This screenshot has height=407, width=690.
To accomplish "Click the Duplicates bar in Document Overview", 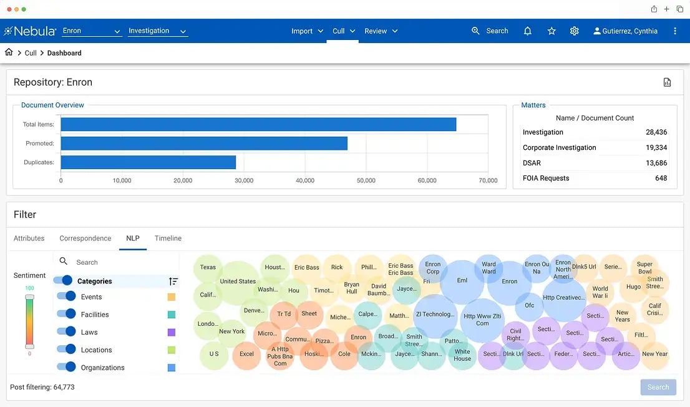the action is point(148,162).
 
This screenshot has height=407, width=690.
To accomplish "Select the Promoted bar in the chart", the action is point(204,143).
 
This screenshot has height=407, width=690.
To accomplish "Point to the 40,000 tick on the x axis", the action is point(305,180).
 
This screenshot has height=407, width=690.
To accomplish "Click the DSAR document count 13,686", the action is point(656,163).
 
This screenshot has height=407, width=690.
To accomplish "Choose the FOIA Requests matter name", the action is point(546,179).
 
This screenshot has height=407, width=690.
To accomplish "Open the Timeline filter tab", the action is point(168,238).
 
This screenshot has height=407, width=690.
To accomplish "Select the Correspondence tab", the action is point(85,238).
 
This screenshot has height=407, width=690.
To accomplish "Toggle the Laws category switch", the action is point(67,331).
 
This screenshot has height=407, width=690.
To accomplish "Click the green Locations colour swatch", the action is point(172,350).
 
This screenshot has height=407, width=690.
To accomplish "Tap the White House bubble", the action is point(462,355).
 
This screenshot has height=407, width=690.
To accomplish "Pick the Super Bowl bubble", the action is point(644,267).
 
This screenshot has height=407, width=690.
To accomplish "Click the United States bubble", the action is point(238,281).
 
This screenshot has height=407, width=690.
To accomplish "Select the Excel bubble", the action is point(246,354).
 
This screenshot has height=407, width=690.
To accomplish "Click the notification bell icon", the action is point(527,31).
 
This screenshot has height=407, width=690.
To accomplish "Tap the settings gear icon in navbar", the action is point(574,31).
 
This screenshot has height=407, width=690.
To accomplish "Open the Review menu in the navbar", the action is point(381,31).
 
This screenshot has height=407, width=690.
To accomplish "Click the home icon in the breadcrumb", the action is point(9,52).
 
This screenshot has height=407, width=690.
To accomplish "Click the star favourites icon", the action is point(552,31).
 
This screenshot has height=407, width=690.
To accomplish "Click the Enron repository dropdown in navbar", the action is point(92,31).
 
